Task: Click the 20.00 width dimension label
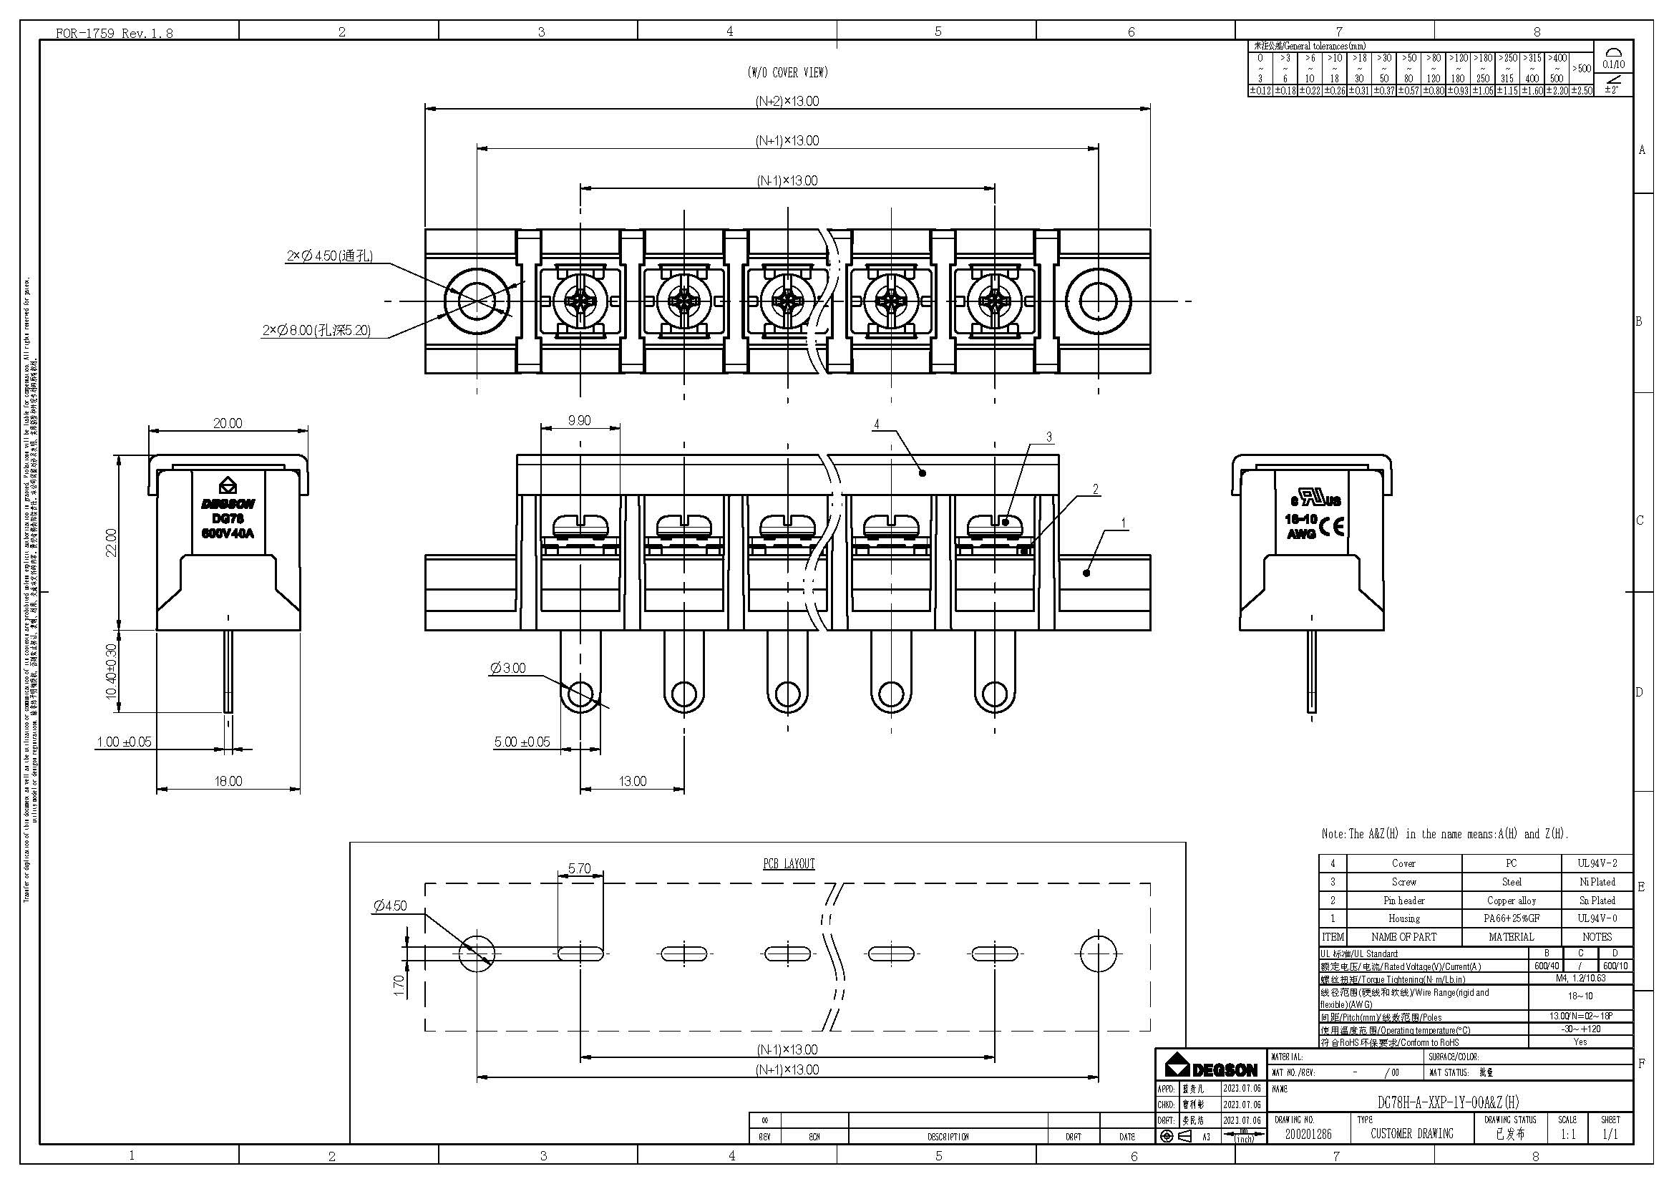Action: tap(228, 424)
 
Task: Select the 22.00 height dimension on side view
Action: tap(111, 543)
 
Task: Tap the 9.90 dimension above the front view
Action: tap(579, 421)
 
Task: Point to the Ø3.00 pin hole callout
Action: tap(508, 668)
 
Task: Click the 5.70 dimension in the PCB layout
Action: tap(579, 868)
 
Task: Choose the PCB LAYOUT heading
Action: tap(788, 864)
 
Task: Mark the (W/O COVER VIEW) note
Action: tap(787, 72)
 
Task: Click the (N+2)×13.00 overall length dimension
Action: tap(787, 102)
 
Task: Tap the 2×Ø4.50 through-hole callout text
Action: tap(329, 256)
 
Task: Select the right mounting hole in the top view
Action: tap(1098, 301)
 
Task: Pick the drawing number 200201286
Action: tap(1310, 1134)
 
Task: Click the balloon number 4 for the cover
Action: tap(877, 424)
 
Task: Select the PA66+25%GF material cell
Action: tap(1512, 918)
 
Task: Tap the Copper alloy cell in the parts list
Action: tap(1512, 901)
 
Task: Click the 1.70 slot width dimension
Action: tap(399, 986)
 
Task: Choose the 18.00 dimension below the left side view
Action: tap(228, 782)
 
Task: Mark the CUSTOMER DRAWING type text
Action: tap(1411, 1134)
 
